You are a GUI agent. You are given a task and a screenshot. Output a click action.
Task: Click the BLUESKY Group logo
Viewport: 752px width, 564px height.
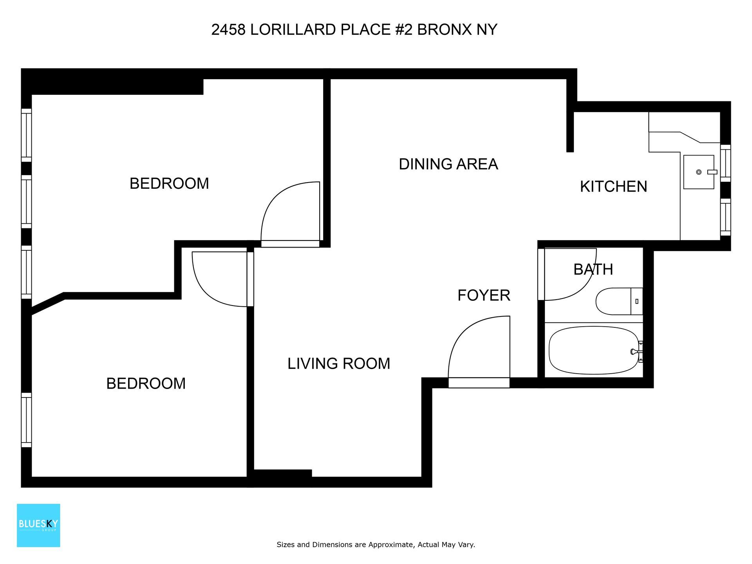tap(38, 525)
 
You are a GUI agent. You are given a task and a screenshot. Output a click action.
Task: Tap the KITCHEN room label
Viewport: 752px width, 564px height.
tap(613, 186)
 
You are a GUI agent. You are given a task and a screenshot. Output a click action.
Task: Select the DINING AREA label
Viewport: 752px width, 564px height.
tap(448, 164)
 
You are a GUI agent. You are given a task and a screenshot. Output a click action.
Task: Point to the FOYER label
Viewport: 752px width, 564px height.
tap(484, 295)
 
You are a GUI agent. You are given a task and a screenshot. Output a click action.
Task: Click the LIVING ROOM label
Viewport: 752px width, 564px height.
tap(339, 363)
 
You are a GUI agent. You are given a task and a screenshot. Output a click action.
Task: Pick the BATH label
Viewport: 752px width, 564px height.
tap(593, 269)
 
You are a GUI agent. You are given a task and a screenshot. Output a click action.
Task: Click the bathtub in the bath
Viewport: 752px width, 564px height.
tap(593, 350)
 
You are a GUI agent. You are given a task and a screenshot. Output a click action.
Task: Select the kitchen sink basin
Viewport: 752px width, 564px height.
tap(699, 172)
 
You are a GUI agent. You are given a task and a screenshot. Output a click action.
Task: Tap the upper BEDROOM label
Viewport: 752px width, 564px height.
tap(169, 184)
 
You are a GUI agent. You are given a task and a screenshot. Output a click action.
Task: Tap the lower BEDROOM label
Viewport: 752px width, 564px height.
tap(146, 383)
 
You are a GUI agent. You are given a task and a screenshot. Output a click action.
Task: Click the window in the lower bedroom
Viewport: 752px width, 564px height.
tap(26, 419)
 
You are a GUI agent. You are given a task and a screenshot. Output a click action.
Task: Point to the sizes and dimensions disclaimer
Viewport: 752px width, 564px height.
tap(376, 544)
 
